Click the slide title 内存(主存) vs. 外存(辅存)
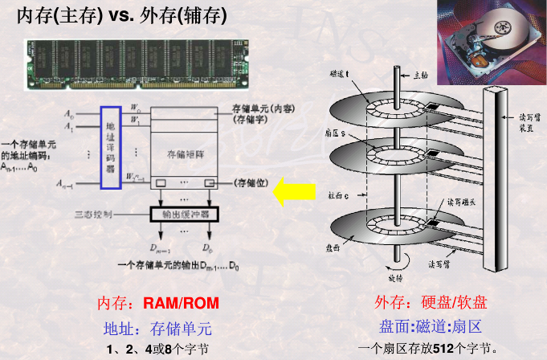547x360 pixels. (x=121, y=15)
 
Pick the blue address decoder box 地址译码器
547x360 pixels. (x=110, y=146)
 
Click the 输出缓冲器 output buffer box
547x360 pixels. (x=186, y=214)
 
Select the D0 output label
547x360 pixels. (x=206, y=247)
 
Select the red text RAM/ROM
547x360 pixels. (x=181, y=304)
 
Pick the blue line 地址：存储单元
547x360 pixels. (x=157, y=328)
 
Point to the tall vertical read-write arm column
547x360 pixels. (x=492, y=177)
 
